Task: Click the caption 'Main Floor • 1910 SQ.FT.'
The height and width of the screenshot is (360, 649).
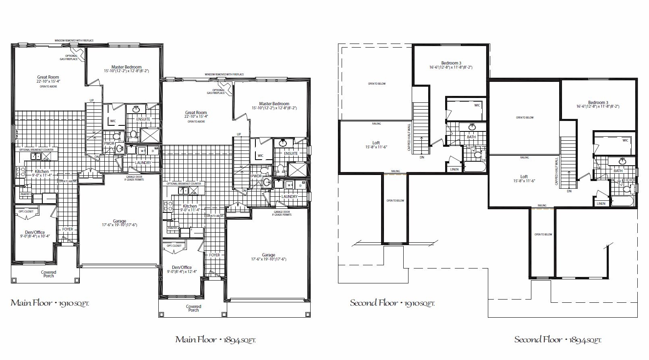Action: coord(50,303)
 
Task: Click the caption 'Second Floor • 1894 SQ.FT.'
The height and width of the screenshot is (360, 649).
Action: coord(558,340)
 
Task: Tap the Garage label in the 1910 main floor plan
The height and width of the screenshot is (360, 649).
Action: coord(119,221)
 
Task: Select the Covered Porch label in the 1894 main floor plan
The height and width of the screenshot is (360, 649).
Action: coord(193,308)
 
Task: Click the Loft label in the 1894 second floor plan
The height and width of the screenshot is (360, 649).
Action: coord(524,177)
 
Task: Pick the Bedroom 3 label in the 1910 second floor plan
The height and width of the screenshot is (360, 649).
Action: coord(451,63)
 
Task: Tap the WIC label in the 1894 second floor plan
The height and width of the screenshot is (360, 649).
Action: coord(625,140)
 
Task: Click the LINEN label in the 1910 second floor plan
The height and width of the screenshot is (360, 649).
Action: coord(454,169)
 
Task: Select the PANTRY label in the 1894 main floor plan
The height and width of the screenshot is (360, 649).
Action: coord(172,228)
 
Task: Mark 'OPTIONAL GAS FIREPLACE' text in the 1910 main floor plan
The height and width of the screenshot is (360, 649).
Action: coord(72,58)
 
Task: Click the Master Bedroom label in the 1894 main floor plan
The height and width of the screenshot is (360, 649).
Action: coord(274,104)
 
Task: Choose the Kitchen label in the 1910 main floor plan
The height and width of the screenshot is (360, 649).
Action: coord(42,171)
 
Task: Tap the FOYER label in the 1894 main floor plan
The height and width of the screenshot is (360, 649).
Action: coord(214,255)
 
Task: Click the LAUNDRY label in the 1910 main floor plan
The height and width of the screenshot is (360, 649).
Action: coord(143,163)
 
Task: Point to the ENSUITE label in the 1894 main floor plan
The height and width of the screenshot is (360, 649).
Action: coord(290,153)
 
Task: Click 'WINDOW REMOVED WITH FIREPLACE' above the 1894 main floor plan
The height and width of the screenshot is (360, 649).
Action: coord(224,75)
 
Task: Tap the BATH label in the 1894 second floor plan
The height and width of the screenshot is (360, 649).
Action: coord(618,171)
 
